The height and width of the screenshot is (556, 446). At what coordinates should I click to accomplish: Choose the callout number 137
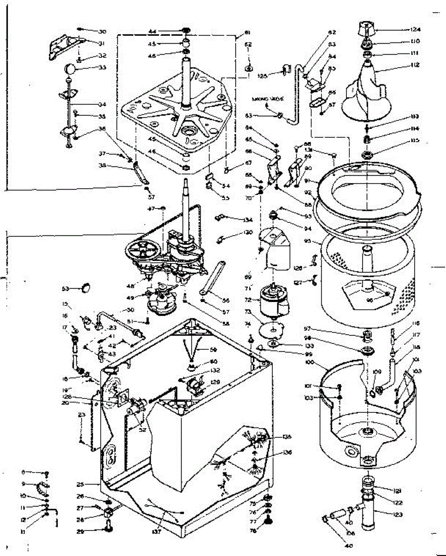click(156, 531)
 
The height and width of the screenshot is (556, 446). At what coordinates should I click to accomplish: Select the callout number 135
click(287, 437)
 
